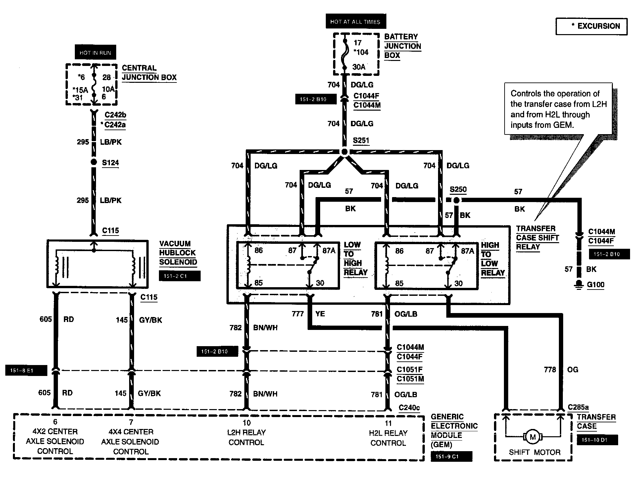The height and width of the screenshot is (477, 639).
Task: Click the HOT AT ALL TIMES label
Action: click(x=355, y=22)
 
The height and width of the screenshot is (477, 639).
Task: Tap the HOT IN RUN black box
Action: click(x=95, y=53)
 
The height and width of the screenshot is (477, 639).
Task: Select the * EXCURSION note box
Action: click(x=591, y=26)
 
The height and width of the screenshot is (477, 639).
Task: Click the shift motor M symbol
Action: click(x=532, y=437)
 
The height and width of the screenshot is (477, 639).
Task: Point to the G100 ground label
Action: click(x=596, y=285)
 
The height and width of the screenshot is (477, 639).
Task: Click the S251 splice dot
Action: click(x=344, y=152)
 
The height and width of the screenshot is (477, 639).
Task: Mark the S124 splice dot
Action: click(x=94, y=162)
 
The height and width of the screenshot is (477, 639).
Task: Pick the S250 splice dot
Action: click(x=456, y=200)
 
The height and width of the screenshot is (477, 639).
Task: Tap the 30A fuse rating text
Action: click(x=359, y=67)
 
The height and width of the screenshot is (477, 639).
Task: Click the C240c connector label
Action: click(x=409, y=407)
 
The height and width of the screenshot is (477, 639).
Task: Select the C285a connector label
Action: click(x=578, y=407)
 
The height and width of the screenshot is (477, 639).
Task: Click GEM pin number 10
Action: click(x=246, y=423)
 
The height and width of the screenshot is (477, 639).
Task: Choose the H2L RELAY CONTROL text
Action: click(x=388, y=438)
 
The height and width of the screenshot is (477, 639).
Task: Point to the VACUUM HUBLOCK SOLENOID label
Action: click(x=178, y=253)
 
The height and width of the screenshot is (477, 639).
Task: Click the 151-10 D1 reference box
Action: click(x=597, y=440)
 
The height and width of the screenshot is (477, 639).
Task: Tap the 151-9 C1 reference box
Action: click(x=451, y=456)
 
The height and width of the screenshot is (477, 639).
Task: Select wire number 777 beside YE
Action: click(x=298, y=314)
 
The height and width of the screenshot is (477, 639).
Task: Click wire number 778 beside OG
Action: click(x=550, y=369)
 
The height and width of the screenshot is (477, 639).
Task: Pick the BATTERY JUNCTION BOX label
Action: click(x=402, y=46)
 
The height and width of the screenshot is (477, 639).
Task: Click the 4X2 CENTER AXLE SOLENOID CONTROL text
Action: click(x=55, y=441)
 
